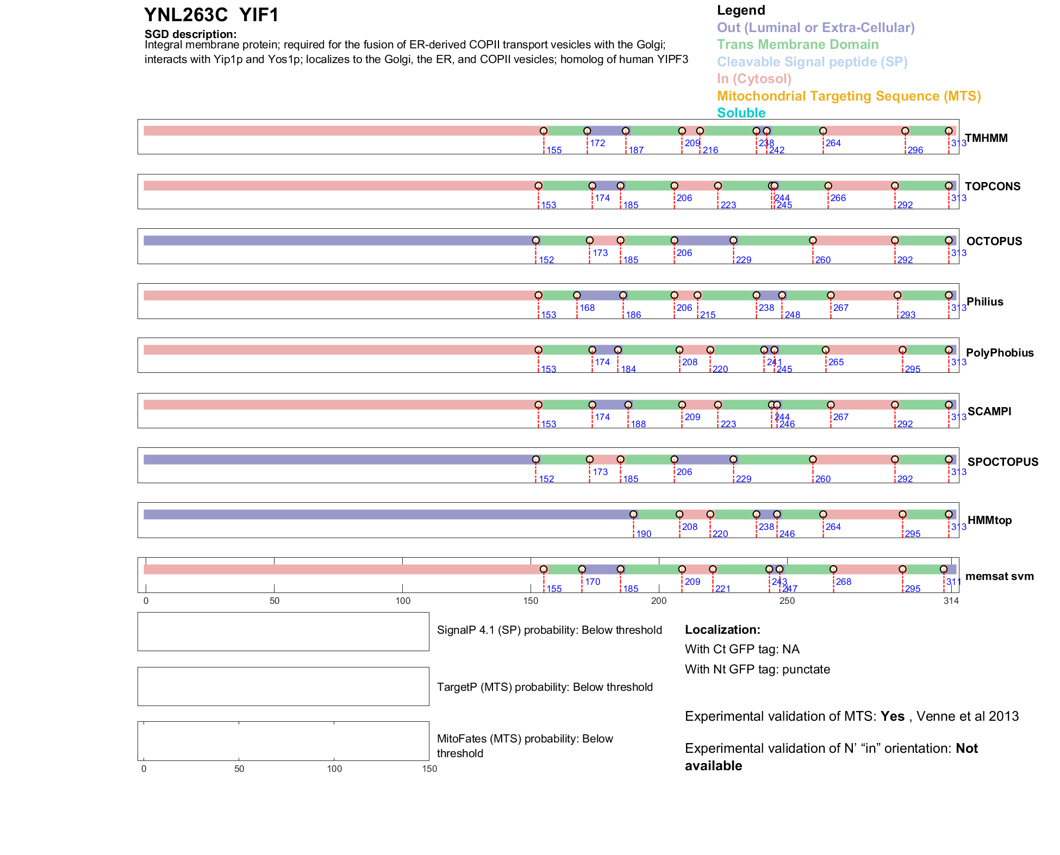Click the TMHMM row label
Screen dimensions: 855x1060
click(x=986, y=138)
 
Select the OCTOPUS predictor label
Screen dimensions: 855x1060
click(x=994, y=241)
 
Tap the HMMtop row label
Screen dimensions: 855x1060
click(x=989, y=520)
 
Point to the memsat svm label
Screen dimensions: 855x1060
click(x=999, y=576)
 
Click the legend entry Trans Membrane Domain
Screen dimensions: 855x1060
click(x=797, y=45)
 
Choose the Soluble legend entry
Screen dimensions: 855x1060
click(x=741, y=113)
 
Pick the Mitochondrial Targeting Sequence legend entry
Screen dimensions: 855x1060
click(x=849, y=96)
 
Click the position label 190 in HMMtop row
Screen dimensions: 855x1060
click(x=644, y=534)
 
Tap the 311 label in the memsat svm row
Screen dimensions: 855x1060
click(x=953, y=582)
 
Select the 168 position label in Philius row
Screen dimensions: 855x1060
click(x=587, y=308)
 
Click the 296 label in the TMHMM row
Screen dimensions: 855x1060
click(x=915, y=150)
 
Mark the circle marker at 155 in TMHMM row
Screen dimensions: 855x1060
click(x=544, y=131)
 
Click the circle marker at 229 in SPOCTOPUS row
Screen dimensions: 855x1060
click(x=733, y=459)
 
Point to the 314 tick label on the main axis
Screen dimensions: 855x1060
click(x=951, y=601)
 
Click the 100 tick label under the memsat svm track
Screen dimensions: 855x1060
click(x=403, y=601)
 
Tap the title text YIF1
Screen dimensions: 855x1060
click(x=259, y=15)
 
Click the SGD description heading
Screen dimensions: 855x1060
click(x=190, y=34)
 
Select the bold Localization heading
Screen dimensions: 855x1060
click(x=722, y=629)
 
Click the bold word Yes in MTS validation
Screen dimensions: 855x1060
click(x=892, y=716)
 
